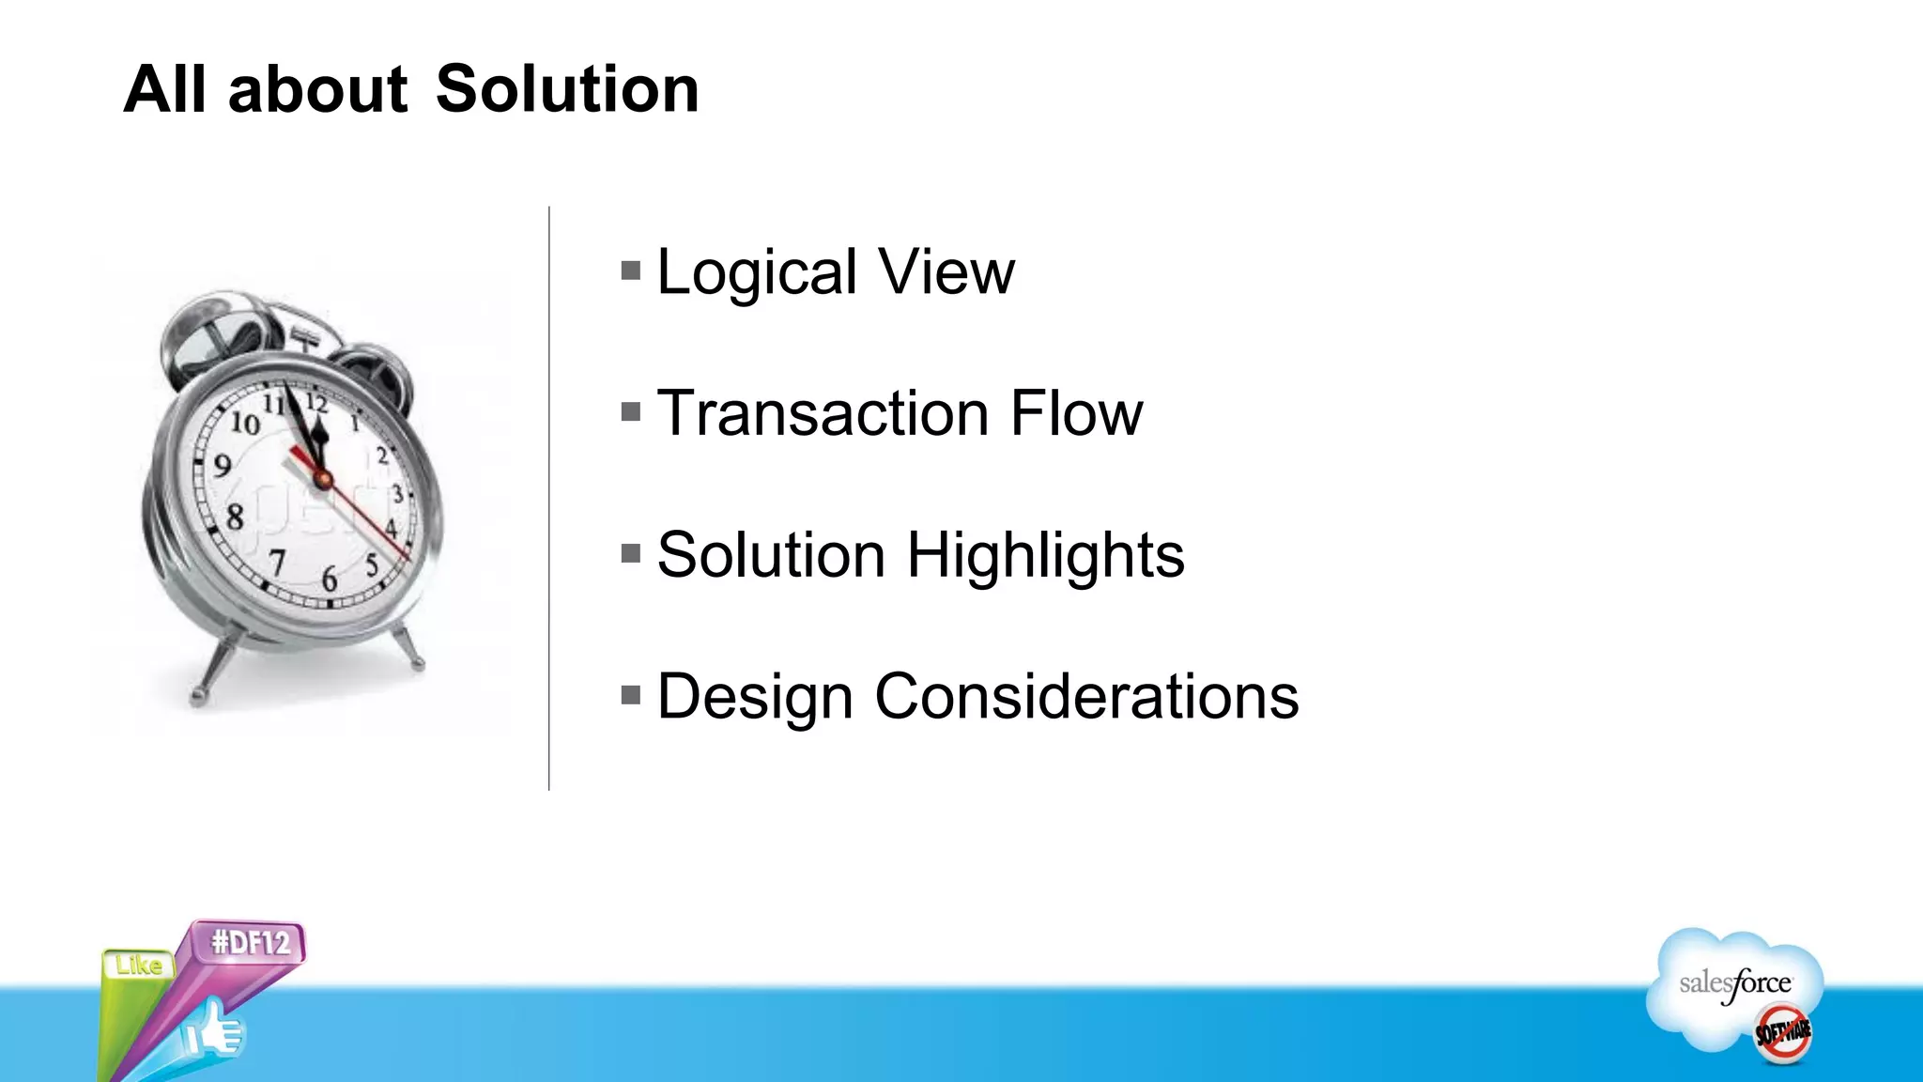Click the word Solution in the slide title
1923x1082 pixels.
(567, 89)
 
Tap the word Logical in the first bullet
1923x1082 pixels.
(757, 272)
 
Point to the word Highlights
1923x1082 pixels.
(1045, 555)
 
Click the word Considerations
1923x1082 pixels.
(1086, 697)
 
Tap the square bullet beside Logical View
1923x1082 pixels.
(631, 271)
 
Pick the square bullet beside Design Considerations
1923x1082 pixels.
(631, 696)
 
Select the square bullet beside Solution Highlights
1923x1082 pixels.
(631, 554)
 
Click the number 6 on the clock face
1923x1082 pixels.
(330, 579)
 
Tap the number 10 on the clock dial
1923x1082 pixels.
(246, 424)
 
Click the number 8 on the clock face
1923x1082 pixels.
(235, 516)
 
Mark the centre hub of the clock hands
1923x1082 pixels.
(323, 480)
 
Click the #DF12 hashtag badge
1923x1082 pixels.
(251, 942)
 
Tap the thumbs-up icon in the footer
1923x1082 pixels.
(215, 1030)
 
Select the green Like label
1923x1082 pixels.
(139, 966)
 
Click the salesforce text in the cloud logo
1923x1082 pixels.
(1735, 983)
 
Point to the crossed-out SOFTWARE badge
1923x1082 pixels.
(1783, 1033)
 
